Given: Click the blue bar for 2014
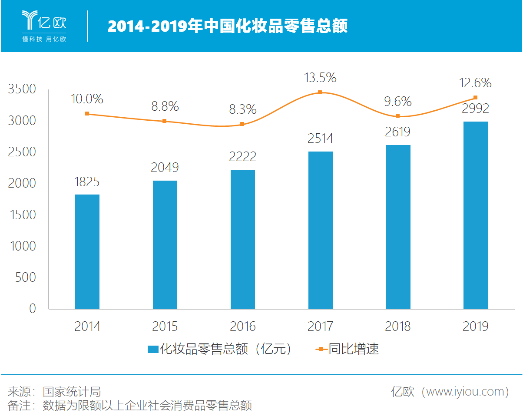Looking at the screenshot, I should coord(87,252).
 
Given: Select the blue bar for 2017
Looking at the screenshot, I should coord(321,230).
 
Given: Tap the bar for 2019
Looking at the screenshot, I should coord(476,215).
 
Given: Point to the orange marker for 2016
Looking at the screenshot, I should coord(242,124).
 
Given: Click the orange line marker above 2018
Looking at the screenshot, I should coord(397,116).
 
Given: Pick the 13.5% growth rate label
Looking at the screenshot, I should coord(320,78).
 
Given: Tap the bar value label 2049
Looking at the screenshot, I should coord(165,168).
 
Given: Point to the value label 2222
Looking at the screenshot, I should coord(242,156).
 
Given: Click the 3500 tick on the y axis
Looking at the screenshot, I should coord(22,89).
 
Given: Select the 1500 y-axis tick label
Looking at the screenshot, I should coord(22,215).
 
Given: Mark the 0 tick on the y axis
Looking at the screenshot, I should coord(33,309).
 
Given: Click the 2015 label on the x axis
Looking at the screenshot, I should coord(165,327).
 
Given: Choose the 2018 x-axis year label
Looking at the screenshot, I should coord(397,327).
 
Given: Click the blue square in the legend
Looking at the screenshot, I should coord(152,350).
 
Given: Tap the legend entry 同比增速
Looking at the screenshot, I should coord(353,349).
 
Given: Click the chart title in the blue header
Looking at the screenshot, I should coord(228,26).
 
